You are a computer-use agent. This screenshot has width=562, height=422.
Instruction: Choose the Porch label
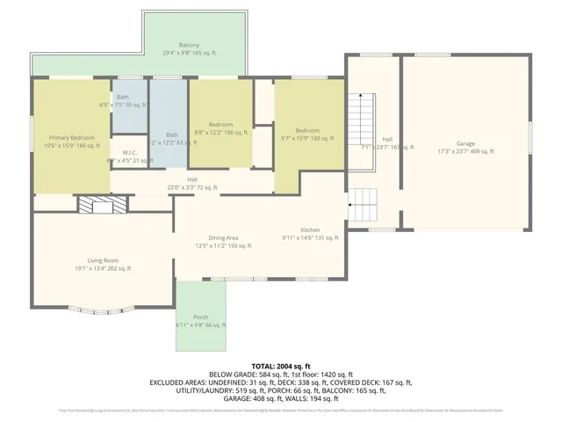click(200, 320)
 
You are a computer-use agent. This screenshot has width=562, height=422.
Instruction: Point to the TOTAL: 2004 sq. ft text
click(281, 365)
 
